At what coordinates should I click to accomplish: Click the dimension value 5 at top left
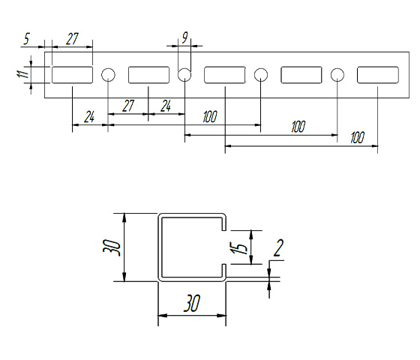(x=26, y=38)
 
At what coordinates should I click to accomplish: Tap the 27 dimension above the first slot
(x=72, y=39)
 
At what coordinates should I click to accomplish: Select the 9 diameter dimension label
(x=185, y=37)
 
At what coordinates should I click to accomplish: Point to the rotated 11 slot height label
(x=23, y=74)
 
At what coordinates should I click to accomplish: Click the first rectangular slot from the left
(x=72, y=75)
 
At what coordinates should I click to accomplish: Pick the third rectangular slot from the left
(x=225, y=75)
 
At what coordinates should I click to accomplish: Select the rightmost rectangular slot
(x=378, y=75)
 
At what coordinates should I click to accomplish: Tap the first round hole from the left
(x=108, y=75)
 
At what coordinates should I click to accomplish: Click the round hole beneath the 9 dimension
(x=184, y=75)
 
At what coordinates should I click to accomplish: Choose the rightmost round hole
(x=337, y=75)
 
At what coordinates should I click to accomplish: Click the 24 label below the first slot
(x=89, y=117)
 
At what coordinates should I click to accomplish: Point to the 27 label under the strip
(x=128, y=106)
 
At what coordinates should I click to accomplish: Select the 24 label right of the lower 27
(x=166, y=106)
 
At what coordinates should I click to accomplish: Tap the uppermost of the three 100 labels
(x=210, y=116)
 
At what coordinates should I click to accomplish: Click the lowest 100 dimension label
(x=357, y=137)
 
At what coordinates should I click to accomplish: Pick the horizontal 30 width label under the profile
(x=192, y=303)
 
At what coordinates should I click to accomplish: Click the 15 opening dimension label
(x=239, y=247)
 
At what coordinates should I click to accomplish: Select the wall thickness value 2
(x=278, y=247)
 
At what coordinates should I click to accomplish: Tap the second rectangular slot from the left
(x=148, y=75)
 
